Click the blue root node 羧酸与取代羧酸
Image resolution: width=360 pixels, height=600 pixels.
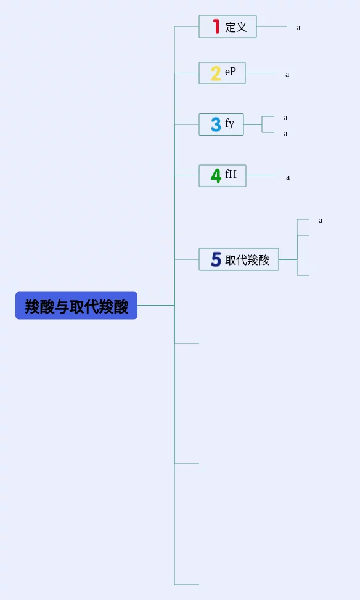(x=76, y=306)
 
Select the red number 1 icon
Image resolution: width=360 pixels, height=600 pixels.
(x=216, y=26)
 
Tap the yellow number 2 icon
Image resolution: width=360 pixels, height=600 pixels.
(x=216, y=73)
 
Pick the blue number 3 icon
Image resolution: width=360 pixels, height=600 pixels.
(x=216, y=124)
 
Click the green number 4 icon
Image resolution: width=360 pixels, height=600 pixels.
(x=216, y=176)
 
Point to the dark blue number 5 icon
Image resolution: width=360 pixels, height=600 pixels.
(x=216, y=259)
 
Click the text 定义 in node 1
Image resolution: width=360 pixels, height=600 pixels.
(x=236, y=27)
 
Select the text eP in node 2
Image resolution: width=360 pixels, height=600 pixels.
(x=231, y=71)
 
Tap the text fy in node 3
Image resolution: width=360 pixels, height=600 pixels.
(x=229, y=123)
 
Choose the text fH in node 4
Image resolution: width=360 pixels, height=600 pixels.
(x=231, y=174)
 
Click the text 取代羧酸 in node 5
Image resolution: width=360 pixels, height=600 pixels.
(x=247, y=260)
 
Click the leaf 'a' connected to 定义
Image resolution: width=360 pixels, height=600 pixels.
(x=298, y=28)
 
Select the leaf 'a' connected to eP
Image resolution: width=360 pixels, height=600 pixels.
(x=287, y=75)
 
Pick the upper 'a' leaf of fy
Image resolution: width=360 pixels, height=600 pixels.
(x=285, y=118)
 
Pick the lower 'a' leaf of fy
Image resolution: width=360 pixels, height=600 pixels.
(x=285, y=134)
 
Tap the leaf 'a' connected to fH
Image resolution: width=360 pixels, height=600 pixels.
(x=288, y=177)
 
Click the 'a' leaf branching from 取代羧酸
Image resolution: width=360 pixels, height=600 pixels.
(x=321, y=221)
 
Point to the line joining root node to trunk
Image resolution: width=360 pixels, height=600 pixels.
(x=156, y=306)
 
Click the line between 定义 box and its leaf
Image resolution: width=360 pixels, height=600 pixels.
(x=272, y=26)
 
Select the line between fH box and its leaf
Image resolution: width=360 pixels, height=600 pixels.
(x=261, y=176)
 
